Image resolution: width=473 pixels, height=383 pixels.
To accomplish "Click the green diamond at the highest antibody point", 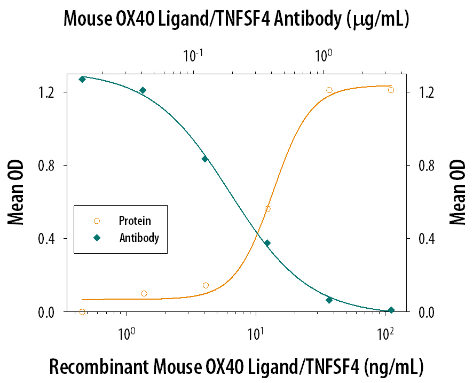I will coord(82,79).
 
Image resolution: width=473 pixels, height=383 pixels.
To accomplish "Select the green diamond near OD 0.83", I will coord(204,159).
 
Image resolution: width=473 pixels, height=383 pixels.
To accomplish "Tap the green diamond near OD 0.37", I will coord(267,243).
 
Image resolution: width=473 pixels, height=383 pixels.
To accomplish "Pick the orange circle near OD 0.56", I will coord(267,209).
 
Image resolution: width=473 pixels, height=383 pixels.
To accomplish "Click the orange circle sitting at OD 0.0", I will coord(82,312).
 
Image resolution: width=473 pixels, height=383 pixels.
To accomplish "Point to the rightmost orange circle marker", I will coord(391,90).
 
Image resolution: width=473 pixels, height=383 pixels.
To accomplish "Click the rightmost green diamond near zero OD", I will coord(391,310).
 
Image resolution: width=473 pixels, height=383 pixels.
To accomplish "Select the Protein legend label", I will coord(135,221).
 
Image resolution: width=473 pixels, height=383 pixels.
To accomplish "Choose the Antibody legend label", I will coord(139,238).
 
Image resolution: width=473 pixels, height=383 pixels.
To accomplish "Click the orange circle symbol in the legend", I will coord(97,221).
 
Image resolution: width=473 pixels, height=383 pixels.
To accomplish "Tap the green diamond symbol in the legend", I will coord(97,238).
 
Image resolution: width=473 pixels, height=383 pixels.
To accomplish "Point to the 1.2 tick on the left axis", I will coord(49,92).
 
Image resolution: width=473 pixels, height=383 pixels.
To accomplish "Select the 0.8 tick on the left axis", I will coord(49,166).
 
